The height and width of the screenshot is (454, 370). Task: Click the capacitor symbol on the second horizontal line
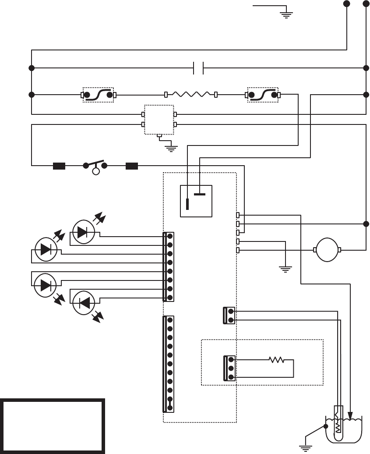click(x=198, y=68)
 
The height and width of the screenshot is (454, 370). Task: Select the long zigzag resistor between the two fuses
click(x=190, y=94)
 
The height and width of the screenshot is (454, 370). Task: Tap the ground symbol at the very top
click(x=285, y=13)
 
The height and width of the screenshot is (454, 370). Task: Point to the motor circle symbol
click(x=328, y=250)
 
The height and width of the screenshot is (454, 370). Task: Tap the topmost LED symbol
click(x=83, y=232)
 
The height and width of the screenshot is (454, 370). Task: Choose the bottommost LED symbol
click(x=83, y=302)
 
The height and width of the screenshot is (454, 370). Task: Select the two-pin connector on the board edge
click(x=229, y=316)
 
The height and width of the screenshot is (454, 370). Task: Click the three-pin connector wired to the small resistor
click(x=229, y=368)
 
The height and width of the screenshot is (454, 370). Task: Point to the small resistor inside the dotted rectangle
click(x=276, y=360)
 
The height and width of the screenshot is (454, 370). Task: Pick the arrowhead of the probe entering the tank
click(x=350, y=415)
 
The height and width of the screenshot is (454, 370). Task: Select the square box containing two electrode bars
click(x=196, y=201)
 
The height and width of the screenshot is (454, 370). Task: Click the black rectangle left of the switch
click(x=59, y=166)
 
